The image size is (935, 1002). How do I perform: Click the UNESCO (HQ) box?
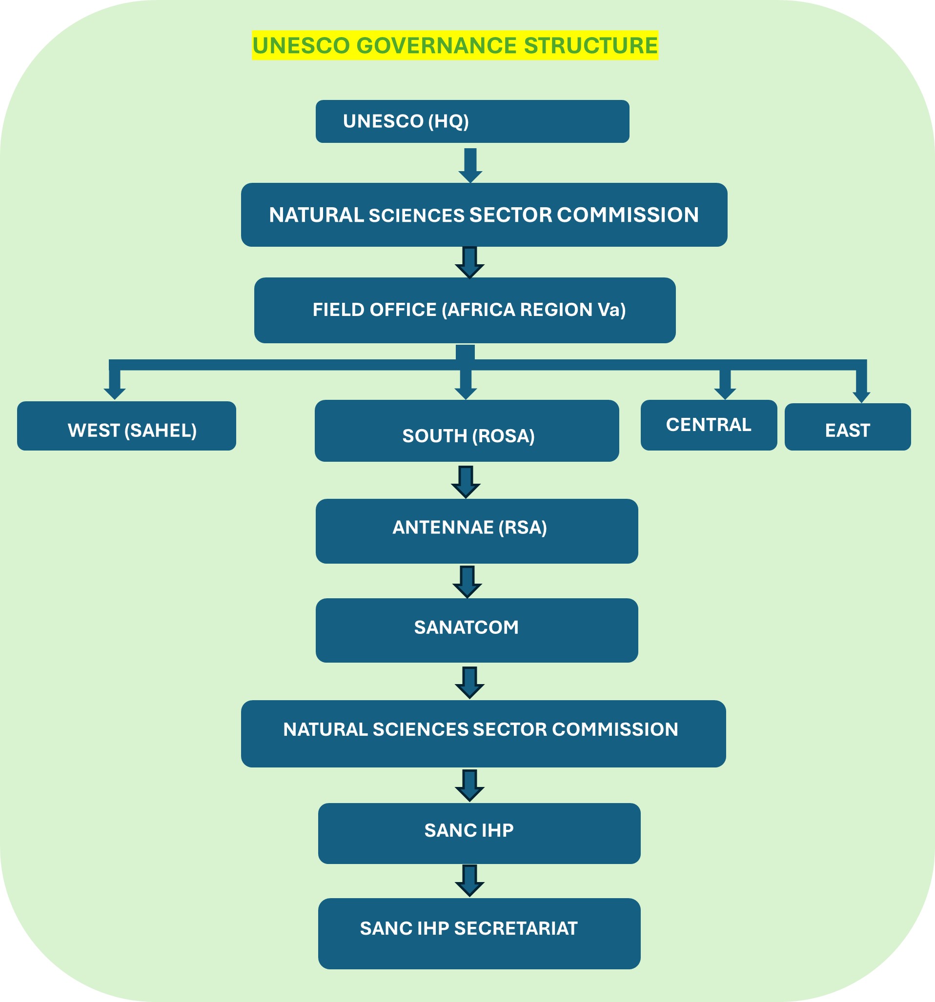tap(472, 121)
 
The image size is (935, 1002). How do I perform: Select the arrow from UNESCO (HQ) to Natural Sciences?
tap(470, 165)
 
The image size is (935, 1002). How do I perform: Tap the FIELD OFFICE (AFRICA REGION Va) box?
tap(465, 310)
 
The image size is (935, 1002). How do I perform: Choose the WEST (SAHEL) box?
tap(126, 426)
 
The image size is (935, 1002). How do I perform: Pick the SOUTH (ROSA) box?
tap(467, 431)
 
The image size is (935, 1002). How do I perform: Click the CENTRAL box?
tap(709, 425)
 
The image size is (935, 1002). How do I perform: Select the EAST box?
tap(847, 427)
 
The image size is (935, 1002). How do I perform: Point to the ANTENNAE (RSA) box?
tap(477, 531)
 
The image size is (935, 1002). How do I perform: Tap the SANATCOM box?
tap(477, 630)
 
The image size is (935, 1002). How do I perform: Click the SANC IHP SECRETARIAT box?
tap(479, 933)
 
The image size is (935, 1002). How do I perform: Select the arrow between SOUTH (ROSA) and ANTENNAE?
tap(466, 482)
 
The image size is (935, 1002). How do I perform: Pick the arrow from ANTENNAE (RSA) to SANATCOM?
tap(467, 582)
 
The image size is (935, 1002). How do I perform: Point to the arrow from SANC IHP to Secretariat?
tap(469, 881)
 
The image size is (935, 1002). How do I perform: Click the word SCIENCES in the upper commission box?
tap(417, 216)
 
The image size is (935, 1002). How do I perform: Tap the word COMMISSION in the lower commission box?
tap(615, 729)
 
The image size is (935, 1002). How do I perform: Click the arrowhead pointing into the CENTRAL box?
tap(725, 393)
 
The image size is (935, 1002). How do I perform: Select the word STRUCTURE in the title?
tap(590, 45)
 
